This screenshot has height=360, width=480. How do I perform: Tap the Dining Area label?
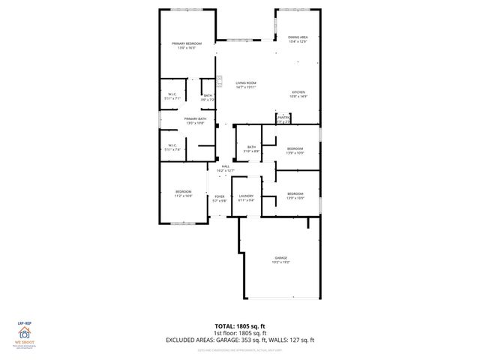tap(298, 37)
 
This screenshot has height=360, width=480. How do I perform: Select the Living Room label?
tap(246, 82)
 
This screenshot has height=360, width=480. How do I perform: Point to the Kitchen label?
tap(298, 92)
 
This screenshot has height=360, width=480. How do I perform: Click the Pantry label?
tap(283, 117)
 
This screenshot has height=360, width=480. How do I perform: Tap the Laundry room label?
tap(247, 196)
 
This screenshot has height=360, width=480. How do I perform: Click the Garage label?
tap(280, 257)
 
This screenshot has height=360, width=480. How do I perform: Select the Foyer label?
tap(220, 196)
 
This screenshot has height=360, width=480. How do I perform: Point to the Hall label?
tap(226, 166)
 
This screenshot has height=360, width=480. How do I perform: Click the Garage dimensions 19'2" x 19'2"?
tap(280, 262)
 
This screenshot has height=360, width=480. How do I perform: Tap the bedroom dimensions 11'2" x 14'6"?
tap(183, 196)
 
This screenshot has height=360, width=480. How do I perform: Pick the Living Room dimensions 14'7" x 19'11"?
tap(246, 87)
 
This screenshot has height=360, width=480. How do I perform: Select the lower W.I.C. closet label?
tap(172, 145)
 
